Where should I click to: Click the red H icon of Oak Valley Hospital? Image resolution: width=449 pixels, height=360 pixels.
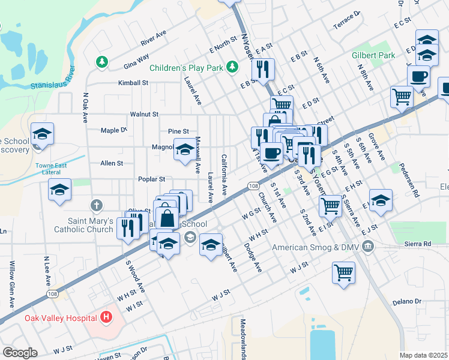[106, 316]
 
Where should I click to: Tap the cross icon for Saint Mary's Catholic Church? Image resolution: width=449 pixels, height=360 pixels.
[95, 206]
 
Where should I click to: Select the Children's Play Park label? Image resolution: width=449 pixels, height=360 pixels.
[186, 68]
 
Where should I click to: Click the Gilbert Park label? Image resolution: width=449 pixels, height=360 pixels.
[373, 55]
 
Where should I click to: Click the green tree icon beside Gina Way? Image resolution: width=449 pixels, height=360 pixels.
[102, 61]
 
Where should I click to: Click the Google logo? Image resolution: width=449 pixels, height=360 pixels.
[20, 353]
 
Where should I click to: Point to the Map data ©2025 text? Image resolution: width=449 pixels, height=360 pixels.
[423, 355]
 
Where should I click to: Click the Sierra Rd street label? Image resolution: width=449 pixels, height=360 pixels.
[419, 244]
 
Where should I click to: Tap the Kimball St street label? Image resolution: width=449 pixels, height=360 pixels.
[133, 83]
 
